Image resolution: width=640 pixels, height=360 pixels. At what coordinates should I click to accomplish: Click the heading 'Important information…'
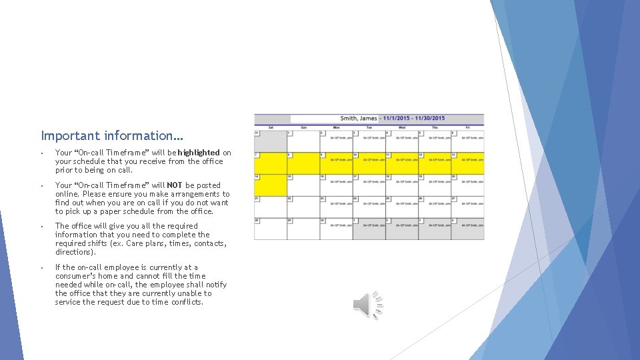112,135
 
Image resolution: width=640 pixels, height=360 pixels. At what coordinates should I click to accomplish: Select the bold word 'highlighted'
199,153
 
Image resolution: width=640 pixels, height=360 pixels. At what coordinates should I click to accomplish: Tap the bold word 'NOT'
175,185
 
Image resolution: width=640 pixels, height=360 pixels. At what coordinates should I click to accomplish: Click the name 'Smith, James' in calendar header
359,119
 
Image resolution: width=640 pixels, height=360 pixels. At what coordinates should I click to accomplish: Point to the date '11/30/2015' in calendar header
429,119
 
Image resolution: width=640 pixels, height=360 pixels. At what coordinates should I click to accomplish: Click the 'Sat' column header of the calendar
270,127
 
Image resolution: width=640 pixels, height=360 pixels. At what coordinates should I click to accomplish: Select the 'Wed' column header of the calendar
401,127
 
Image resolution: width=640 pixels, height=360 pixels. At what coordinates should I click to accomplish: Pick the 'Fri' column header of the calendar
467,127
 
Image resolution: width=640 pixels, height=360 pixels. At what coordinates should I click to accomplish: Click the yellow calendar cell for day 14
270,185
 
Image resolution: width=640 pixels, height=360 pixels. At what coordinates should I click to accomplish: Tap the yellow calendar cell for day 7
270,163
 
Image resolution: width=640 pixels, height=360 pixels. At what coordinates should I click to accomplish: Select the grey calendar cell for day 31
270,141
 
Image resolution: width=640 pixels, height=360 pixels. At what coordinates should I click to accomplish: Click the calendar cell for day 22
303,207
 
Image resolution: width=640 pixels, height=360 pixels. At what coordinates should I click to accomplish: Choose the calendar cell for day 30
335,229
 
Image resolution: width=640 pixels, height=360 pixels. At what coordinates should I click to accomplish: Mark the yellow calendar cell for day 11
401,163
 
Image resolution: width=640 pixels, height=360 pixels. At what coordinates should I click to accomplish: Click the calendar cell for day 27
467,207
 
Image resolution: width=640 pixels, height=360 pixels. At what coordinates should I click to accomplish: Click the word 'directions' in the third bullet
75,252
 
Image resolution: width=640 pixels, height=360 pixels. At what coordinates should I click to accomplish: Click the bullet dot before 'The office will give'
41,227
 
